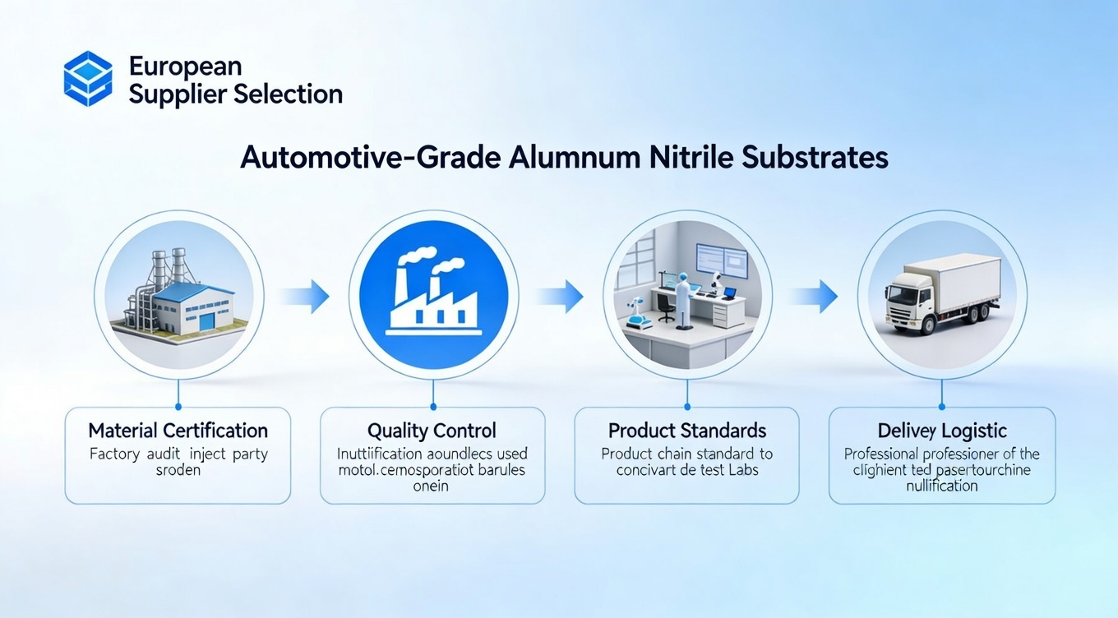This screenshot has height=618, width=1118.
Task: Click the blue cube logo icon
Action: point(87,78)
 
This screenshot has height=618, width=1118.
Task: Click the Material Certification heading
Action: point(178,431)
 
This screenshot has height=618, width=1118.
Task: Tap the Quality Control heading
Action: point(432,431)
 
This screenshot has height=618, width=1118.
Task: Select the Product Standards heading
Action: point(686,431)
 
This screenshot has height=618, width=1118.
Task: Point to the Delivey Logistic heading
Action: point(942,431)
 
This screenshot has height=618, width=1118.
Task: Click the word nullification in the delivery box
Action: point(942,486)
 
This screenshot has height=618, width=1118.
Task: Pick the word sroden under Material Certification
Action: point(178,471)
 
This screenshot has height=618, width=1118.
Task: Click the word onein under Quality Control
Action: point(432,486)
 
